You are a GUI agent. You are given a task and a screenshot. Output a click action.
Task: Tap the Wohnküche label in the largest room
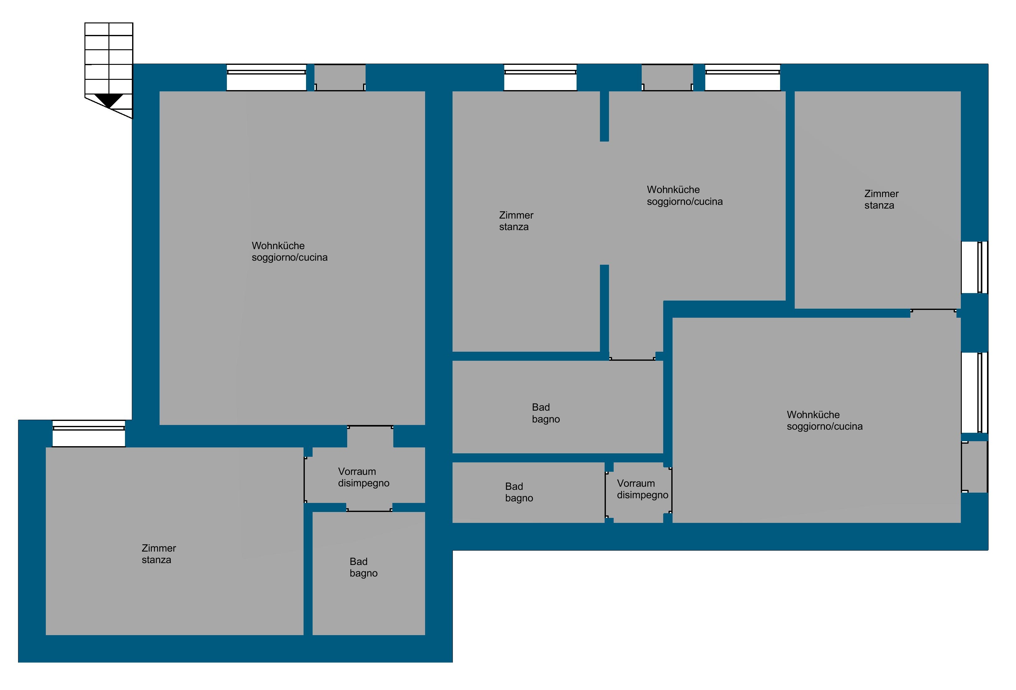coord(278,246)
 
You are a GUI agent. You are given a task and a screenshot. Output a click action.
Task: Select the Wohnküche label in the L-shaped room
coord(673,190)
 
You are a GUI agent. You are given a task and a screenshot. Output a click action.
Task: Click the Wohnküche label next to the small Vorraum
coord(813,414)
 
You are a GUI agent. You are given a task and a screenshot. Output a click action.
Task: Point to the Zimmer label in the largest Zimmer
coord(159,548)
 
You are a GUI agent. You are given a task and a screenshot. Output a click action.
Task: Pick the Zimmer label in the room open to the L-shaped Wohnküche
coord(516,215)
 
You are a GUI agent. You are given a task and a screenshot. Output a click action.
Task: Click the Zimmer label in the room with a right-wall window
coord(881,194)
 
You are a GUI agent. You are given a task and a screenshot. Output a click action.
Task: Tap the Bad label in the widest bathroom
coord(541,408)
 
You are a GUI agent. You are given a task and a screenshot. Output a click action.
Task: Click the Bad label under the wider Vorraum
coord(358,562)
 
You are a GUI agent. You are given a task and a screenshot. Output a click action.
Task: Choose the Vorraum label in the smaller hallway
coord(636,484)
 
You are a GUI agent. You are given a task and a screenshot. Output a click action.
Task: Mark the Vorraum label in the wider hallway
coord(357,472)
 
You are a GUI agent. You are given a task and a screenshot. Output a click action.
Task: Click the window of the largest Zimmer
coord(89,433)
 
